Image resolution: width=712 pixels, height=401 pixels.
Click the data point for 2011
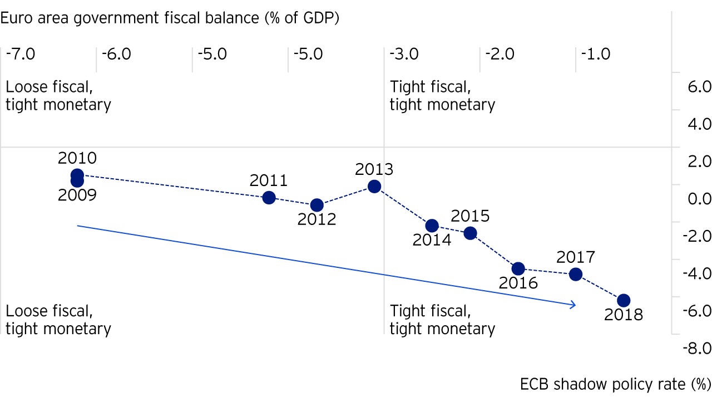pyautogui.click(x=269, y=197)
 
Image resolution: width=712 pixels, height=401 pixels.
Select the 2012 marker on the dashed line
pyautogui.click(x=317, y=205)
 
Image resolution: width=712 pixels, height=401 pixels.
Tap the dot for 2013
pyautogui.click(x=374, y=186)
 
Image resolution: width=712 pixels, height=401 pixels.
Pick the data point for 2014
pyautogui.click(x=432, y=226)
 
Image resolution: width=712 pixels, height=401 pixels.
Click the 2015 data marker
pyautogui.click(x=470, y=233)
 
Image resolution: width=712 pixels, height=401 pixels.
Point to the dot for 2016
pyautogui.click(x=518, y=268)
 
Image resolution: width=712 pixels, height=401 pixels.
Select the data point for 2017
pyautogui.click(x=576, y=274)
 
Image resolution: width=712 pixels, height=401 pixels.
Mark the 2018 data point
pyautogui.click(x=624, y=300)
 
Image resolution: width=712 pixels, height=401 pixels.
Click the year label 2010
pyautogui.click(x=77, y=158)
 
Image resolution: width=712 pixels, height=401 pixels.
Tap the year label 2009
pyautogui.click(x=77, y=195)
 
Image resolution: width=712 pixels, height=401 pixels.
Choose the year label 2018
pyautogui.click(x=623, y=315)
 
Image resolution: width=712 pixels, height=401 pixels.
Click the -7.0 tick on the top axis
pyautogui.click(x=21, y=55)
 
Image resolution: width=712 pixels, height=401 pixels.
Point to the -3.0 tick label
pyautogui.click(x=404, y=55)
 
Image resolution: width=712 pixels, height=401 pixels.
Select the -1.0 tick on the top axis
pyautogui.click(x=596, y=55)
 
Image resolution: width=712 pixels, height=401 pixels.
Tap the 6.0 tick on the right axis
pyautogui.click(x=699, y=87)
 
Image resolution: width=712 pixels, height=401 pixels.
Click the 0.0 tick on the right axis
pyautogui.click(x=699, y=199)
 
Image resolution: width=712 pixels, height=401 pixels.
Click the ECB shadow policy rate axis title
pyautogui.click(x=616, y=384)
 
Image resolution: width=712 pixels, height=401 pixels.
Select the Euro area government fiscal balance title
pyautogui.click(x=170, y=18)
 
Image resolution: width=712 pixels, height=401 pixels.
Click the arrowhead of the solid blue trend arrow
pyautogui.click(x=573, y=305)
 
